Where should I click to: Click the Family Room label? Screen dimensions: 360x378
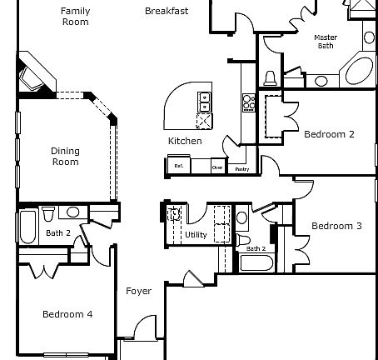click(76, 17)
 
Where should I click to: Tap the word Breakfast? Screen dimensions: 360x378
click(167, 12)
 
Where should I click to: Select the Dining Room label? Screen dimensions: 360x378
click(65, 156)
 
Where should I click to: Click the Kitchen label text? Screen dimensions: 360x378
click(185, 141)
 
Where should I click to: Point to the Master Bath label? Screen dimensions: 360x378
click(325, 42)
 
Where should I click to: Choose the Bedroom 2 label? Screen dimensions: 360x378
click(329, 134)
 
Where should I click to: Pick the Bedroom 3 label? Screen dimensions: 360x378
click(336, 226)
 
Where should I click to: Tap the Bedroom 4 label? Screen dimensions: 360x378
click(67, 314)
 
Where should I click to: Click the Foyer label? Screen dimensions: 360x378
click(138, 291)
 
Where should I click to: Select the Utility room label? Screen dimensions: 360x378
click(196, 235)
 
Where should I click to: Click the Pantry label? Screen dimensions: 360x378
click(241, 169)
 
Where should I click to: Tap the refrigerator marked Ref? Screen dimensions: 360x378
click(177, 166)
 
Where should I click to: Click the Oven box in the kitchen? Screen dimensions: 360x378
click(217, 166)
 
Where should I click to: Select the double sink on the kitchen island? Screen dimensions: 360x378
click(203, 102)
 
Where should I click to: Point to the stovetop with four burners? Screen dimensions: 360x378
click(248, 102)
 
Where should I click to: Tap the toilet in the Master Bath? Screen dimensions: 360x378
click(270, 78)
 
